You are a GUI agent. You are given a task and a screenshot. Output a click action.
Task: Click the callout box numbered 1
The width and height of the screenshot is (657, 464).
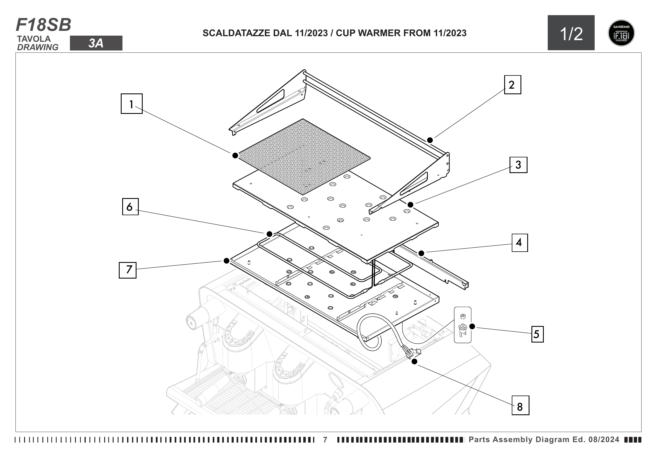click(131, 104)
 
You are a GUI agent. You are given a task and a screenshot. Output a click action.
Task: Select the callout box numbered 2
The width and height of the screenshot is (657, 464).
click(512, 84)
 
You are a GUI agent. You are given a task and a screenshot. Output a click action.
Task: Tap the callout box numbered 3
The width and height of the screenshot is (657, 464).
click(518, 165)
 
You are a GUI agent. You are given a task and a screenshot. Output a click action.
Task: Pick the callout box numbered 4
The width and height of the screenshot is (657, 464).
click(519, 243)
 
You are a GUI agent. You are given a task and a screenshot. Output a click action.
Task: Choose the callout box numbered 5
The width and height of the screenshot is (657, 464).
click(537, 334)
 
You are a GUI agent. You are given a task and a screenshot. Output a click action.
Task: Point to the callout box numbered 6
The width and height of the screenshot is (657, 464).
click(130, 206)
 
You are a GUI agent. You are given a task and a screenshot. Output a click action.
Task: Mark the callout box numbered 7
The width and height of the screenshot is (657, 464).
click(128, 270)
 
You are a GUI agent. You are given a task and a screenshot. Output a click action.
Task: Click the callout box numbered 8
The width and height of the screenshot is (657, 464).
click(520, 405)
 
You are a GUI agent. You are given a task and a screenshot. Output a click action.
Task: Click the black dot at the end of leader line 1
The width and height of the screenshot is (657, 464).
click(235, 155)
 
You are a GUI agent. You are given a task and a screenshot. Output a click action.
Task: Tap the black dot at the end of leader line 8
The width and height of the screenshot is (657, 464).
click(414, 361)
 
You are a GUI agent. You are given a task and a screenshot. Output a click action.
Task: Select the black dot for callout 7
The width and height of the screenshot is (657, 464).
click(226, 261)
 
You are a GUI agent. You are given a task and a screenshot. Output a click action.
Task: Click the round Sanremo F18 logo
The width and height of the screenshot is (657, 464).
click(621, 33)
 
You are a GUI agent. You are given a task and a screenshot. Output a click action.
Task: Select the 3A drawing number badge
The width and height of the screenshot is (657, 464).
click(96, 43)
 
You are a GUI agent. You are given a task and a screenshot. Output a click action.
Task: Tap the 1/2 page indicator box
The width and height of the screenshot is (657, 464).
click(571, 33)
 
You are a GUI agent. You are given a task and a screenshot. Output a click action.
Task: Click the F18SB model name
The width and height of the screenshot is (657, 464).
click(44, 25)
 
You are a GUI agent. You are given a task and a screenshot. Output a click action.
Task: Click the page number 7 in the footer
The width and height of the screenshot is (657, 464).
click(325, 440)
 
